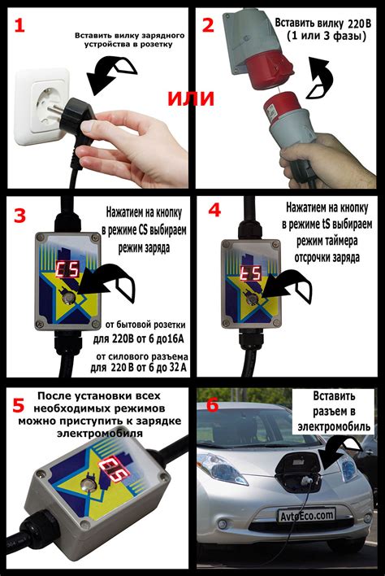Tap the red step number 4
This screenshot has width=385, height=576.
point(214,210)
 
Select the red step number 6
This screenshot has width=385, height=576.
point(213,405)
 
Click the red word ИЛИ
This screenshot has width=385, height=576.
point(191,98)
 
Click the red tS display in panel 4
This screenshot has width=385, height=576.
point(251,273)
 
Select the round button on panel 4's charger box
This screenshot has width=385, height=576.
point(252,299)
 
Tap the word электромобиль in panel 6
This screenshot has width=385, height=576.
point(334,427)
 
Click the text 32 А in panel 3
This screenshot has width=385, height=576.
point(177,368)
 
